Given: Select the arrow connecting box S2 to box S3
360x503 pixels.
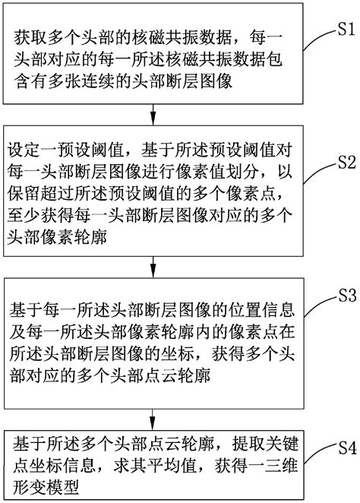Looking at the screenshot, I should [x=155, y=267].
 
